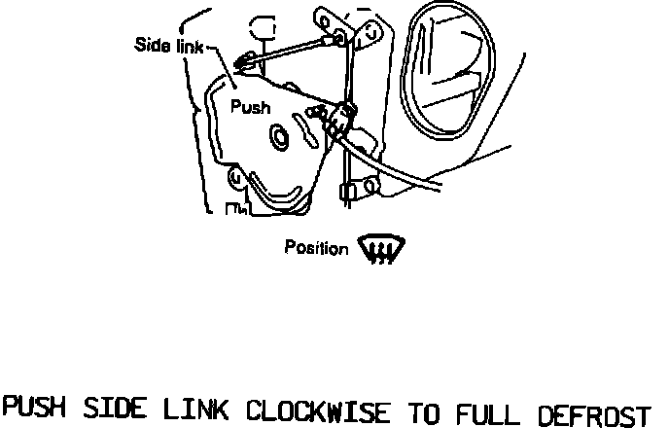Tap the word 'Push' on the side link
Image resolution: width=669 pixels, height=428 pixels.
tap(250, 108)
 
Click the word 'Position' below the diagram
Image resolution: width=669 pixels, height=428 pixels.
tap(315, 248)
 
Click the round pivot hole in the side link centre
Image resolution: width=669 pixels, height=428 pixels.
tap(280, 138)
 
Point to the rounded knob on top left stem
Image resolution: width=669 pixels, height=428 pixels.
tap(263, 26)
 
